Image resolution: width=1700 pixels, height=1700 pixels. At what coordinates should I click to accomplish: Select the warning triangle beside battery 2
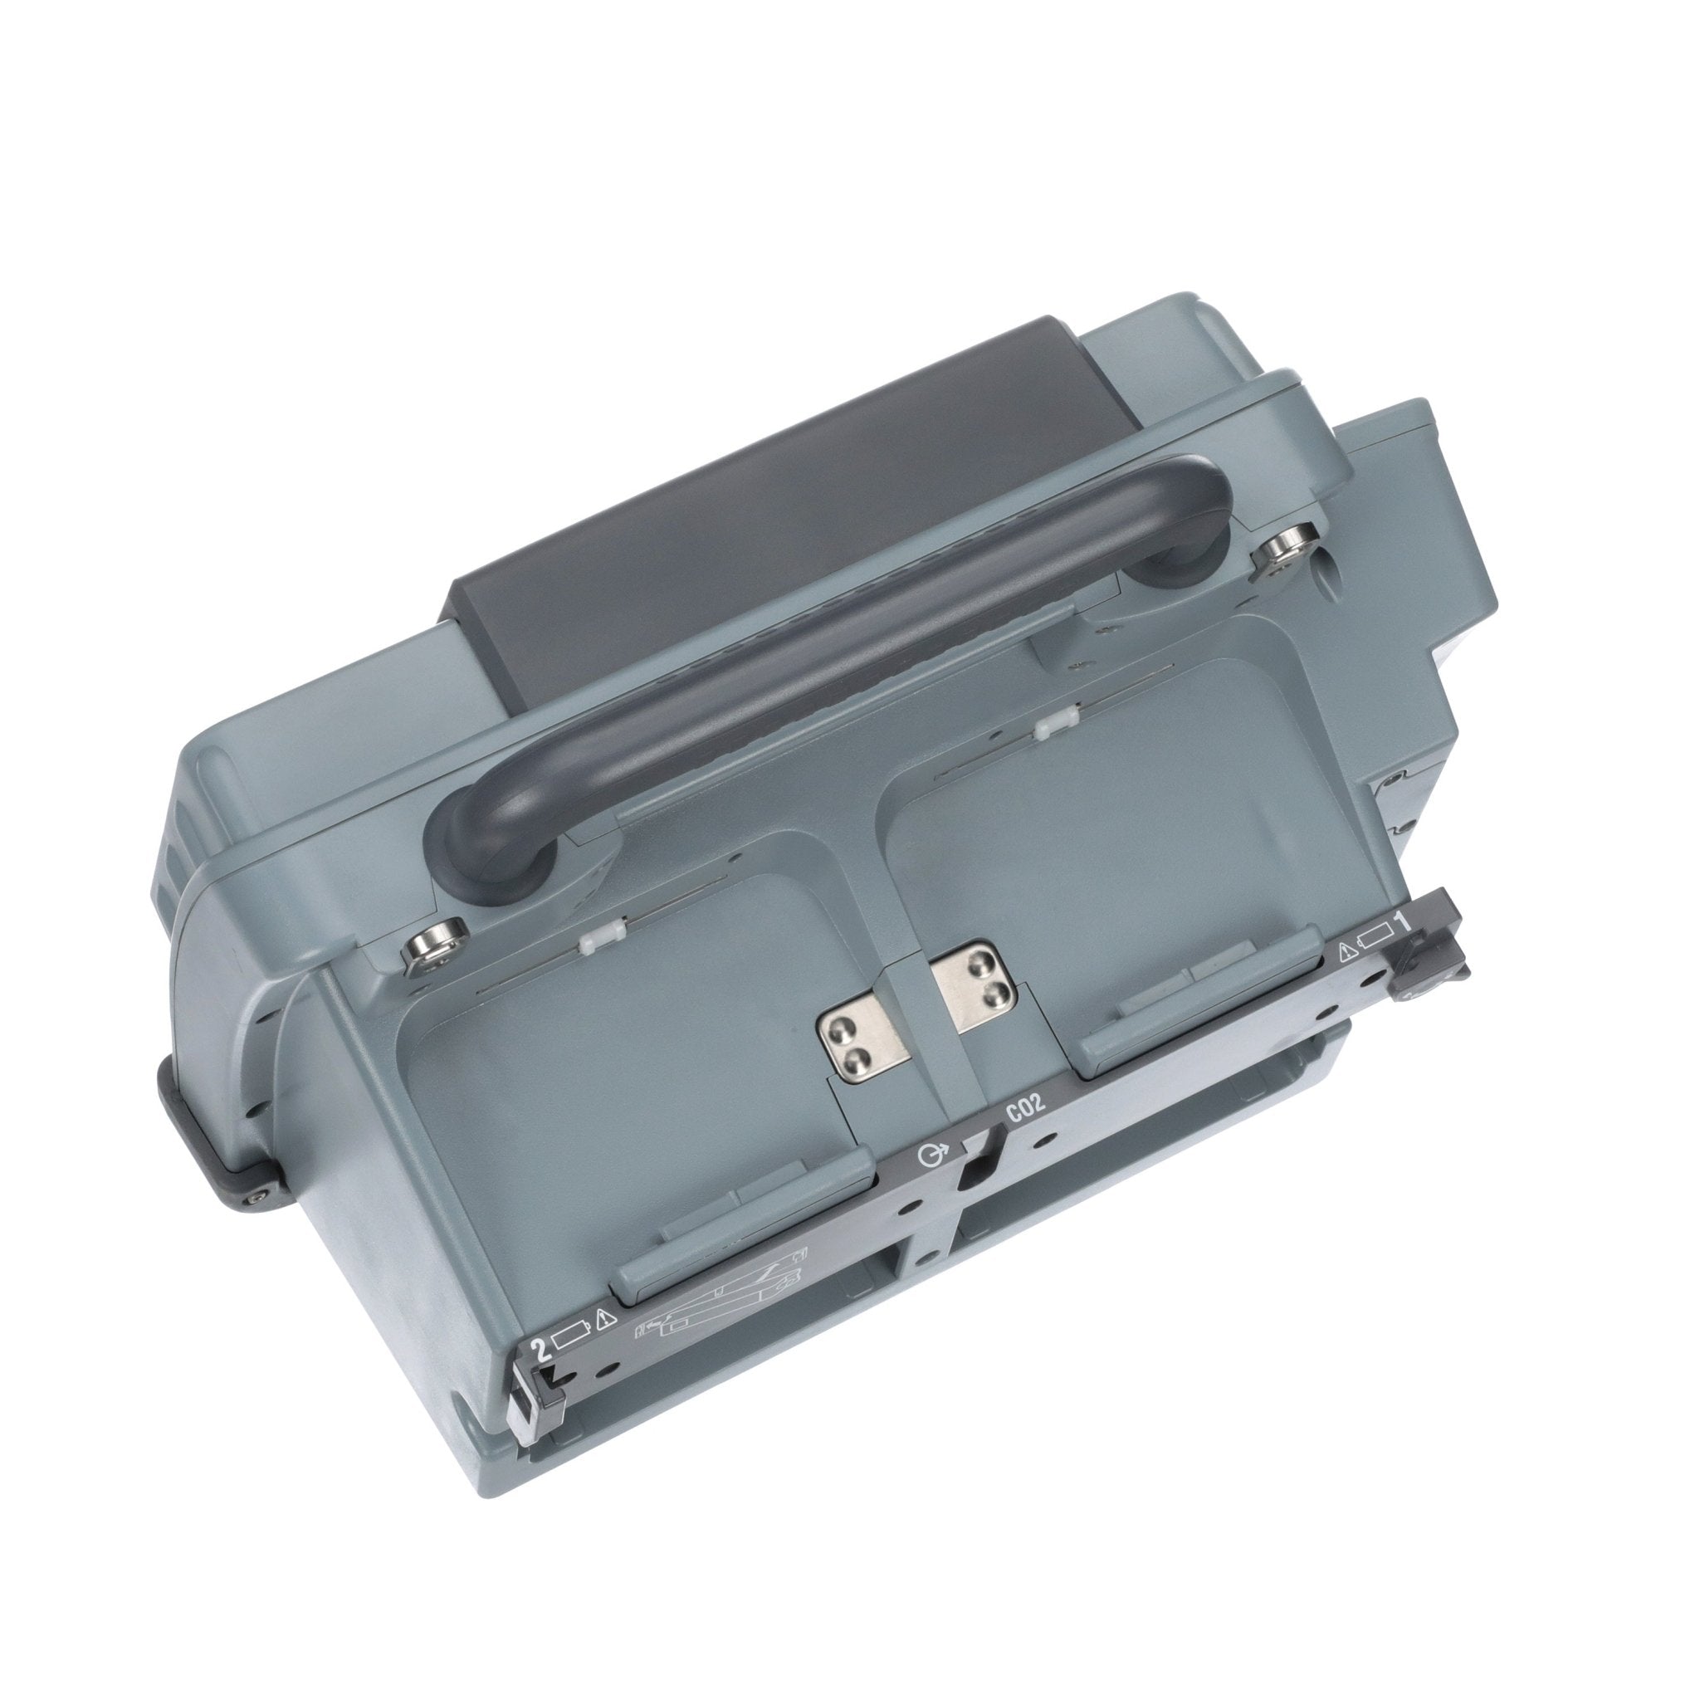point(603,1343)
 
